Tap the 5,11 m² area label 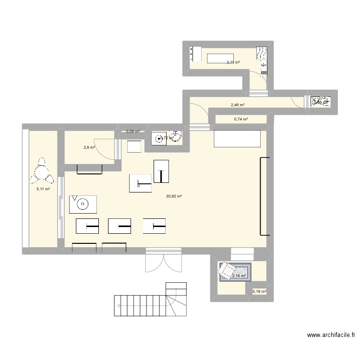pyautogui.click(x=43, y=189)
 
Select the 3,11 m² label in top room pyautogui.click(x=233, y=62)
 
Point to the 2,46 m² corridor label pyautogui.click(x=238, y=105)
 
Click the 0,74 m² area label pyautogui.click(x=241, y=119)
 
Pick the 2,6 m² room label pyautogui.click(x=89, y=148)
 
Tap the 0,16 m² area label pyautogui.click(x=259, y=291)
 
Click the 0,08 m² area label pyautogui.click(x=133, y=131)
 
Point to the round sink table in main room pyautogui.click(x=83, y=204)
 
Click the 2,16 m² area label pyautogui.click(x=239, y=276)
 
